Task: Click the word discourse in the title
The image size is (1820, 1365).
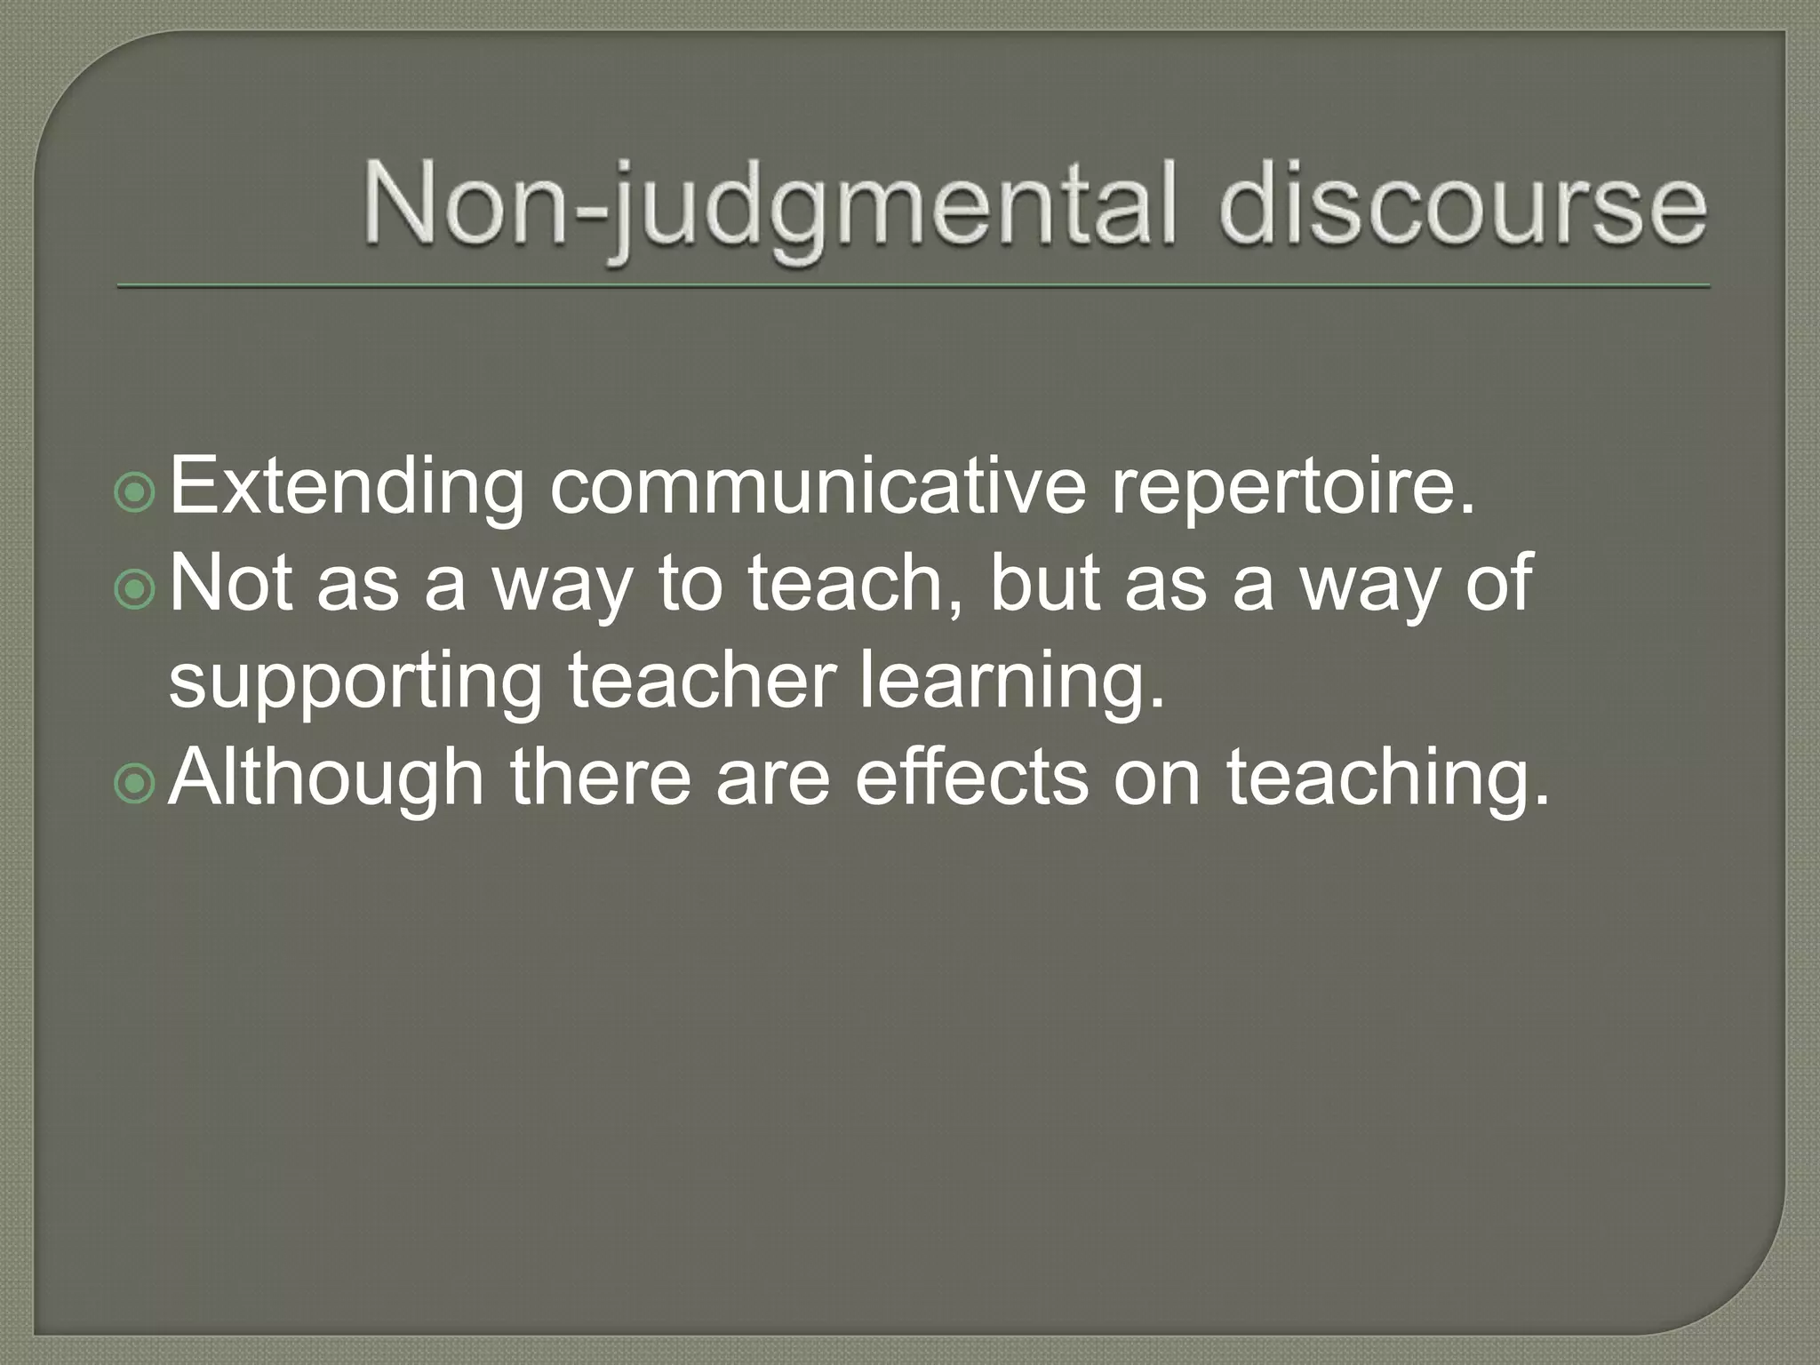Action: coord(1462,207)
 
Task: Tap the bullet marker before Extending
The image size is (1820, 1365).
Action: coord(135,493)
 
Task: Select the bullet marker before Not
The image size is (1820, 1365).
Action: coord(135,589)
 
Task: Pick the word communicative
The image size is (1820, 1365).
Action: coord(817,486)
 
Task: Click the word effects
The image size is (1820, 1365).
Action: coord(971,777)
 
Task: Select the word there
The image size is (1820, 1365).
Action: coord(600,777)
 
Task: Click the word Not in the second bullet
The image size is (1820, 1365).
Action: coord(230,583)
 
